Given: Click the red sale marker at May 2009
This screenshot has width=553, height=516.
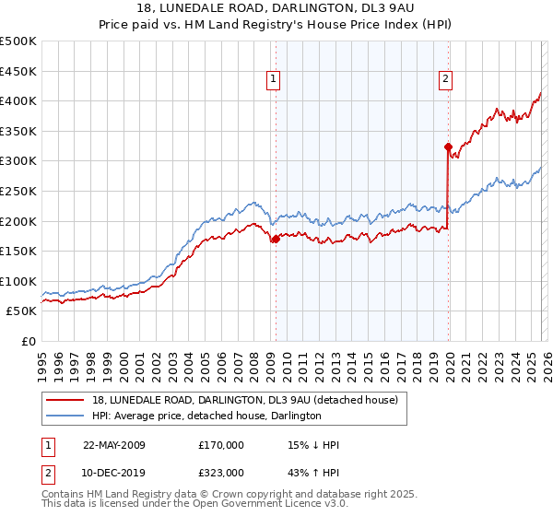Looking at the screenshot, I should (276, 239).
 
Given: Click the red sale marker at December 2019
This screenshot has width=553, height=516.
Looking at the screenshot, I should (448, 147).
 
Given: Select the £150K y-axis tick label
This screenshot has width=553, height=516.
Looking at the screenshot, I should (18, 251).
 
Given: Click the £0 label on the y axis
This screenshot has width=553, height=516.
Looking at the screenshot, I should (29, 341).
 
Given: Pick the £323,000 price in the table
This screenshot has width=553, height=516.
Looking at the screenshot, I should (221, 472).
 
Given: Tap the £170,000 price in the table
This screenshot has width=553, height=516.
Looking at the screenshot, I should (221, 445).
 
